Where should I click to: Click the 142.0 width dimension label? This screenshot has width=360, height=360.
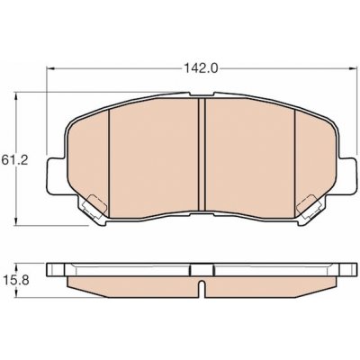coord(200,68)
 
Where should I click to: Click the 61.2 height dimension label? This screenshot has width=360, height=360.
coord(14,159)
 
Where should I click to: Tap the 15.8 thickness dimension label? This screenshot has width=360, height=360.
coord(16,281)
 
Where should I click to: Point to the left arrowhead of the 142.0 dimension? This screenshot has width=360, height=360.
coord(50,68)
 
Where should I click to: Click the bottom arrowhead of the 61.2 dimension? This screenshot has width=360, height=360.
coord(16,220)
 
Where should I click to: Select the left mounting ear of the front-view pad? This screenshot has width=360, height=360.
coord(56,176)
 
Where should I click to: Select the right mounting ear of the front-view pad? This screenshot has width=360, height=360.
coord(346,176)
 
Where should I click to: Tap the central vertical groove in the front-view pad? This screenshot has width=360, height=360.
coord(202,155)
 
